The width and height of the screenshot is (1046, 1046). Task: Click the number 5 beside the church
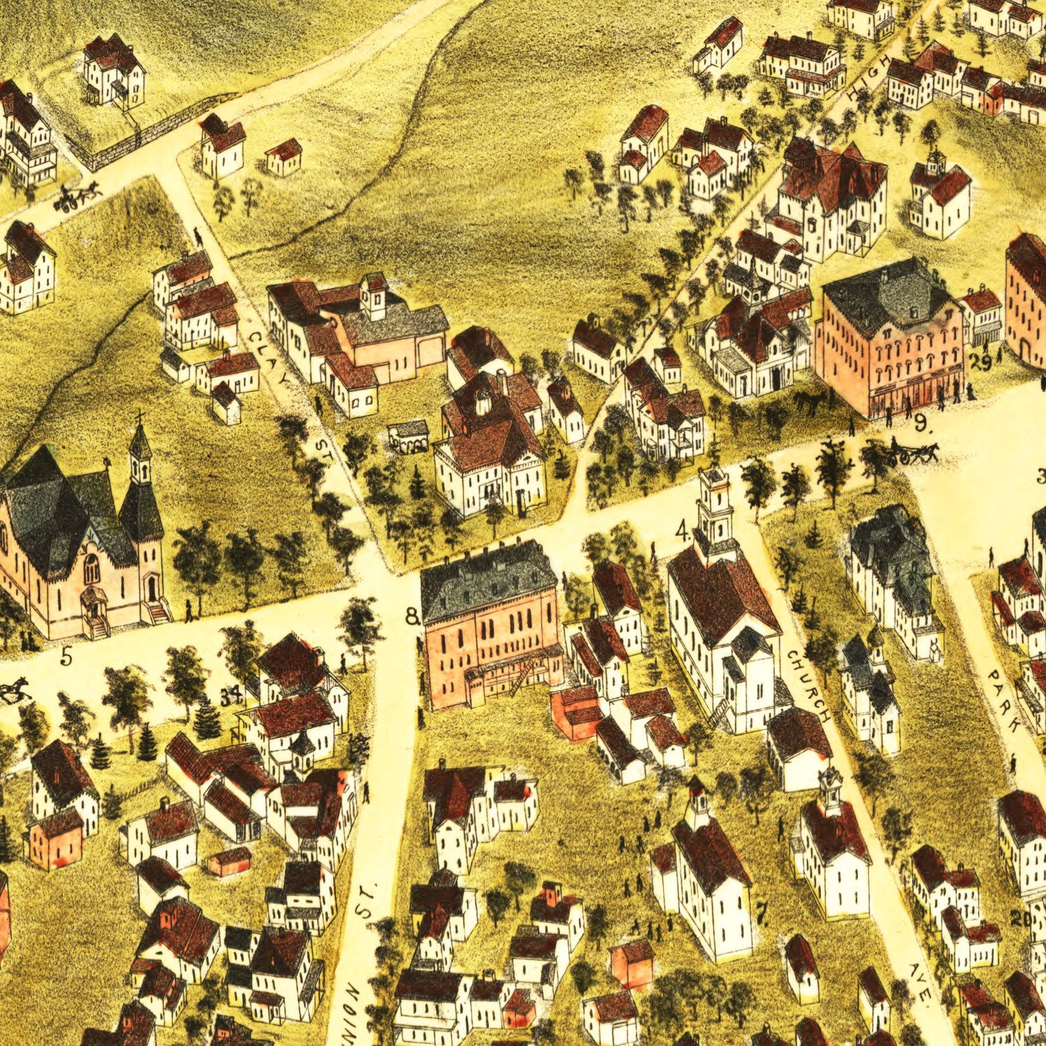coord(66,657)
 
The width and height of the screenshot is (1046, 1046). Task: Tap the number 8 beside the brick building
coord(412,616)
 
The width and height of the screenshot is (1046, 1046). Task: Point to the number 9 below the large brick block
coord(920,422)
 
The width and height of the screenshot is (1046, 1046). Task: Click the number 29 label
coord(980,363)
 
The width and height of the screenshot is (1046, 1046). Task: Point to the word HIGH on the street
coord(871,81)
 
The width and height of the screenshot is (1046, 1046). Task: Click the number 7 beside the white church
coord(761,911)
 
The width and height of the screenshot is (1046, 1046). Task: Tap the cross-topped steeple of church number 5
coord(140,446)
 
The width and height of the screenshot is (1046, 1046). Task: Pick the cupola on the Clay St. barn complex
coord(374,297)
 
